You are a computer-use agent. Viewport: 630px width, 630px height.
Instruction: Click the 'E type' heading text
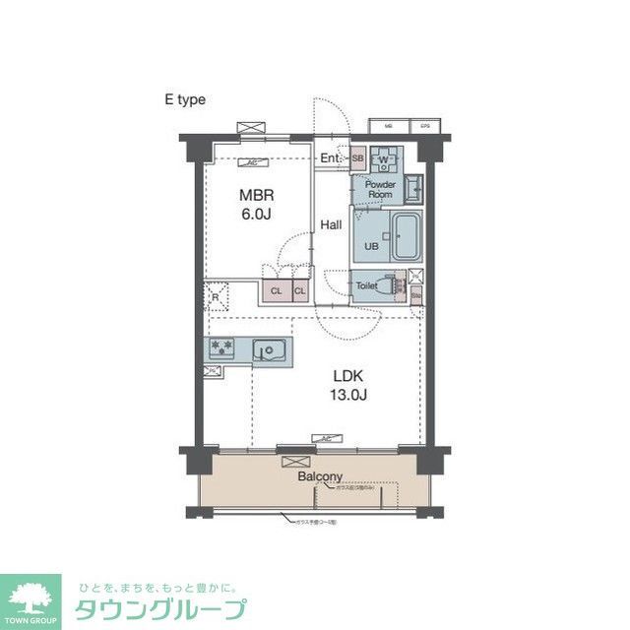[184, 99]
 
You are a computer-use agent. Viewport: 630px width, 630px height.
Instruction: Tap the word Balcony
[320, 476]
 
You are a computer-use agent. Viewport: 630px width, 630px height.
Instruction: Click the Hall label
[331, 225]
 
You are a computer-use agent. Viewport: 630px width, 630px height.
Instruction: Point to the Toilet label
[366, 285]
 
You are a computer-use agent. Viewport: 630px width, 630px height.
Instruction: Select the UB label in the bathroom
[371, 246]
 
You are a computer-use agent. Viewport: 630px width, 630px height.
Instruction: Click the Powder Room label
[380, 189]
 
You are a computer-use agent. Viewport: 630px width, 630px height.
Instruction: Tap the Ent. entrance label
[330, 157]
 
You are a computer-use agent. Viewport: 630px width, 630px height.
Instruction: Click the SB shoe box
[357, 158]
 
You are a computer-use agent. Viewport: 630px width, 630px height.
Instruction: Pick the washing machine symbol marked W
[386, 159]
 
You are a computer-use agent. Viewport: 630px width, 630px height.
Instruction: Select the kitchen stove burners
[221, 347]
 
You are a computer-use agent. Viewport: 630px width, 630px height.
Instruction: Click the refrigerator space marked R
[216, 296]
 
